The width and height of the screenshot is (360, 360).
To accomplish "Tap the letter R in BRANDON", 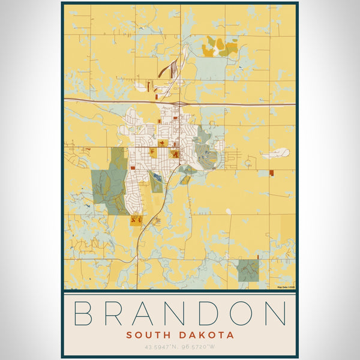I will (118, 314).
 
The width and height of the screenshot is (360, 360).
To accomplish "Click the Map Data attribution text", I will (286, 287).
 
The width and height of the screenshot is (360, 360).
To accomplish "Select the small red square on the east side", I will (271, 173).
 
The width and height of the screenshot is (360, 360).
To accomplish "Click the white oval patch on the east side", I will (277, 154).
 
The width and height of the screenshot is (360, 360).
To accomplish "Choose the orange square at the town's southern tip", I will (136, 220).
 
